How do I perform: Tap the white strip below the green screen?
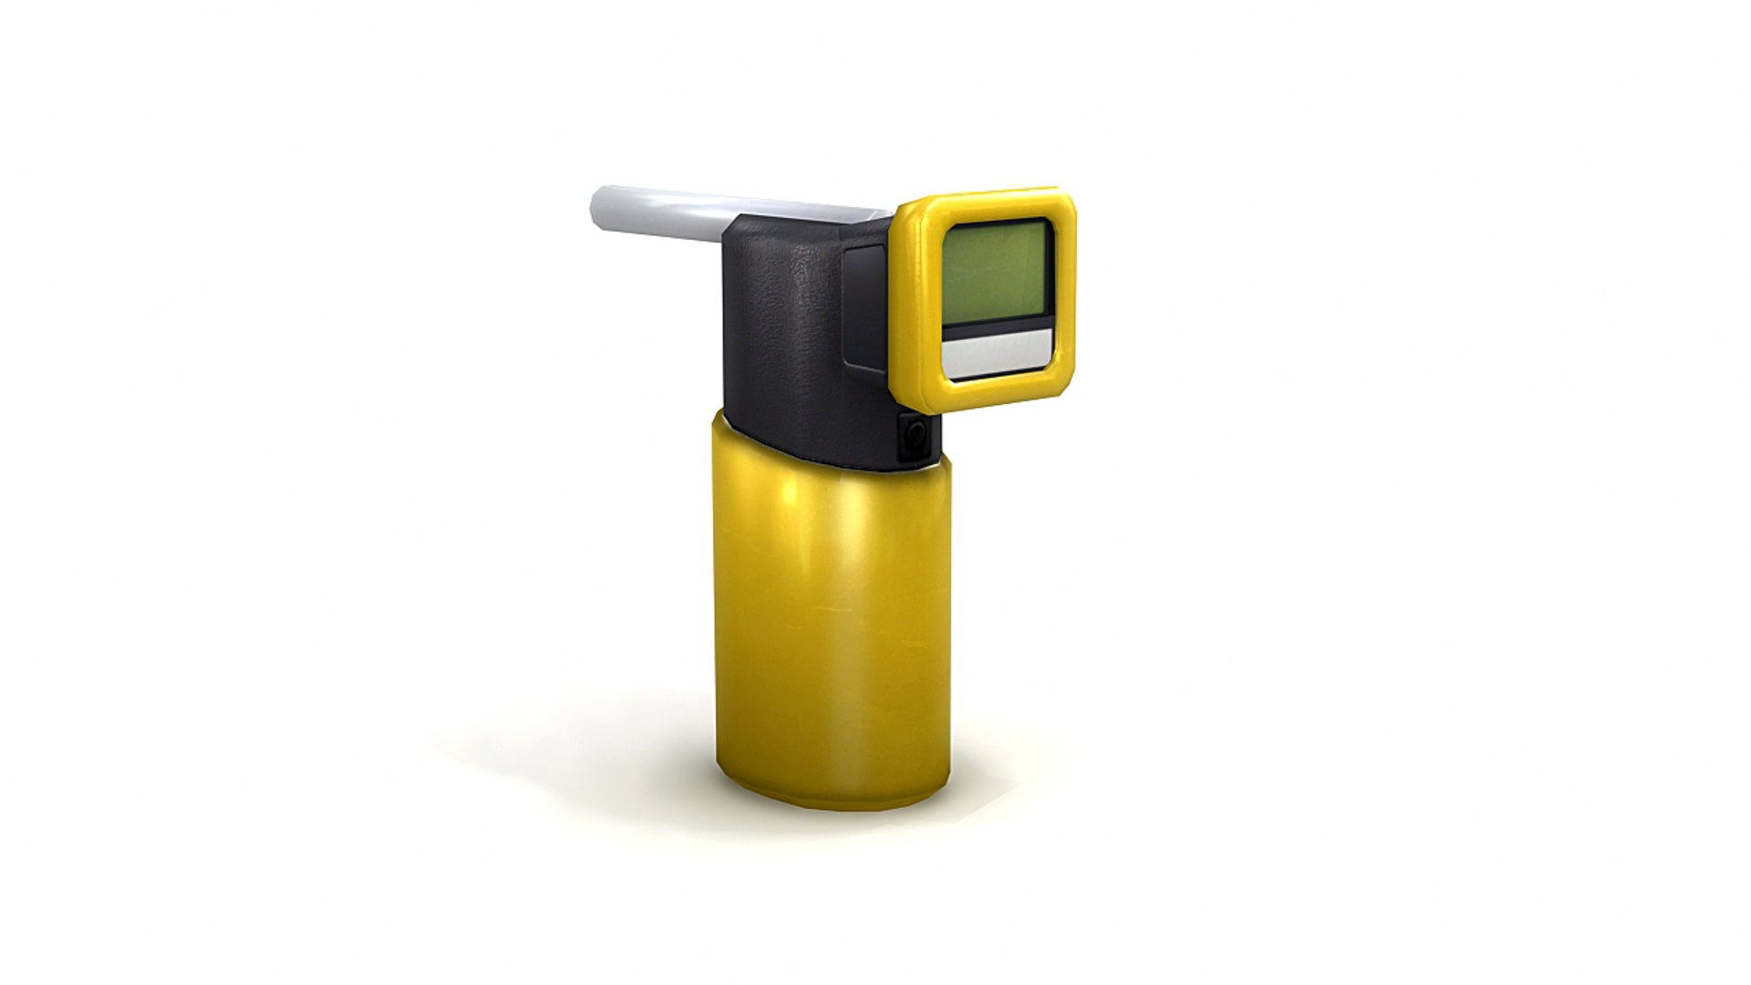(998, 351)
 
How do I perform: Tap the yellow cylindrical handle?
(830, 620)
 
